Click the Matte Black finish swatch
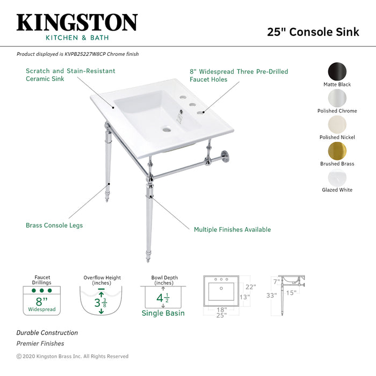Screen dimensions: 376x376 pos(337,71)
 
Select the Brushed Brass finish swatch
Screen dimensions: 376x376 pos(337,150)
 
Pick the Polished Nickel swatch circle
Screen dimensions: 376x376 pos(337,124)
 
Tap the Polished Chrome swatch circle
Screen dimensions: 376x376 pos(337,98)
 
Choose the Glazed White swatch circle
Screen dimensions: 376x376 pos(337,177)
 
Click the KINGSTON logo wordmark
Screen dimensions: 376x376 pos(77,23)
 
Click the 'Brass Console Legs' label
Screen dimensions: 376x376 pos(54,226)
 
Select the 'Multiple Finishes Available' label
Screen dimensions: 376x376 pos(232,229)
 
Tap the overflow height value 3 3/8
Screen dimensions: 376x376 pos(100,302)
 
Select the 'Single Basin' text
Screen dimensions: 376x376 pos(163,313)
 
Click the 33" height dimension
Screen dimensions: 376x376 pos(271,295)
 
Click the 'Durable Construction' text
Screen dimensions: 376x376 pos(47,333)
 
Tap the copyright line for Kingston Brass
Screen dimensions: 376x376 pos(73,356)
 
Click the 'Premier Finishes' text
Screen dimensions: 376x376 pos(40,343)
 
